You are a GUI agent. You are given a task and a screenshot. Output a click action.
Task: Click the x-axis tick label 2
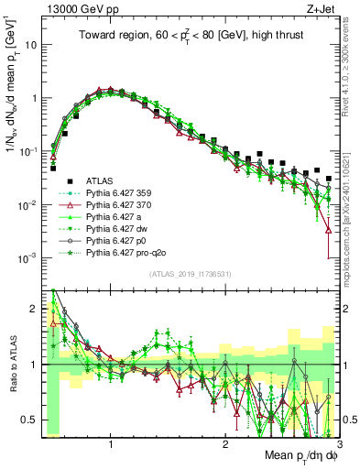click(x=225, y=444)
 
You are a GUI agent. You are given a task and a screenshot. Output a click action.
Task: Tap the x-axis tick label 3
click(x=338, y=444)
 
